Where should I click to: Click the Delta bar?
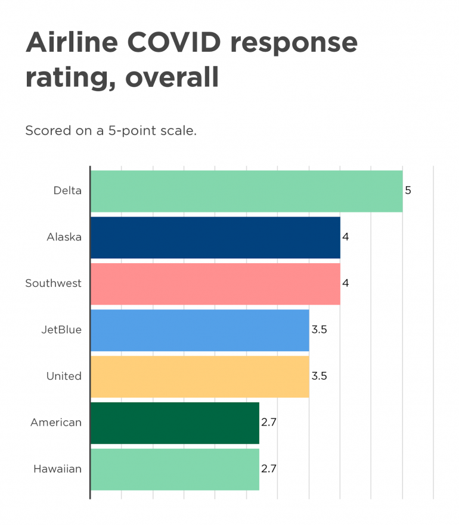point(246,191)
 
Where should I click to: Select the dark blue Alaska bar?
point(215,237)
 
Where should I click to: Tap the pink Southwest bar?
point(215,283)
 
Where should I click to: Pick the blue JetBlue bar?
point(200,330)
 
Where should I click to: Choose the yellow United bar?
point(200,376)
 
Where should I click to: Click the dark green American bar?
point(175,423)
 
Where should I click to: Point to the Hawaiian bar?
point(175,469)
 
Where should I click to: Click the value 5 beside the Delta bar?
point(408,191)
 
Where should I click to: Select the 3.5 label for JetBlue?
point(319,330)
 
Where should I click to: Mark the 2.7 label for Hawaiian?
point(269,469)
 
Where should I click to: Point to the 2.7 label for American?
point(269,423)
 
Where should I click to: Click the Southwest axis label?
point(53,283)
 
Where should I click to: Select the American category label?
point(56,423)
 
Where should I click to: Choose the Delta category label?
point(67,191)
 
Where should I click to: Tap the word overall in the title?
point(172,78)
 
